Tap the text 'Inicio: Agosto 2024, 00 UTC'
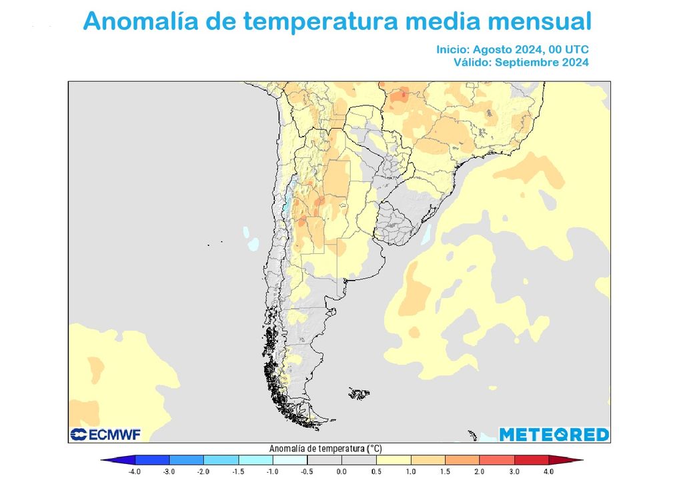tap(512, 49)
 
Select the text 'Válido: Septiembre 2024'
tap(521, 62)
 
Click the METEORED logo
tap(554, 435)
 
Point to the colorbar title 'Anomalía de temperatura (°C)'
tap(325, 449)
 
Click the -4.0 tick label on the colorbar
tap(135, 471)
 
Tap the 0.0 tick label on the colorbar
tap(341, 471)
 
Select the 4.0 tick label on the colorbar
tap(548, 471)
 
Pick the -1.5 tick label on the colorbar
tap(238, 471)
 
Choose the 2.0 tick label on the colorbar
tap(480, 471)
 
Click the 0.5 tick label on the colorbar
tap(376, 471)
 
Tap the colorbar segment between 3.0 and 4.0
tap(531, 460)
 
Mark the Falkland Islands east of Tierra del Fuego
tap(359, 394)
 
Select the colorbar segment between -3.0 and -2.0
tap(187, 460)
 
